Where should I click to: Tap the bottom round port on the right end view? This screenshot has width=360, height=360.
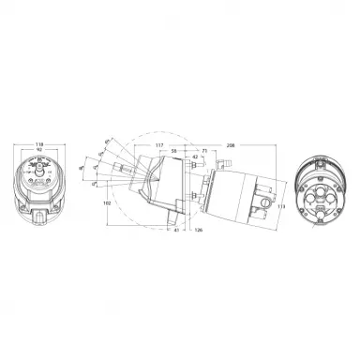point(320,207)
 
